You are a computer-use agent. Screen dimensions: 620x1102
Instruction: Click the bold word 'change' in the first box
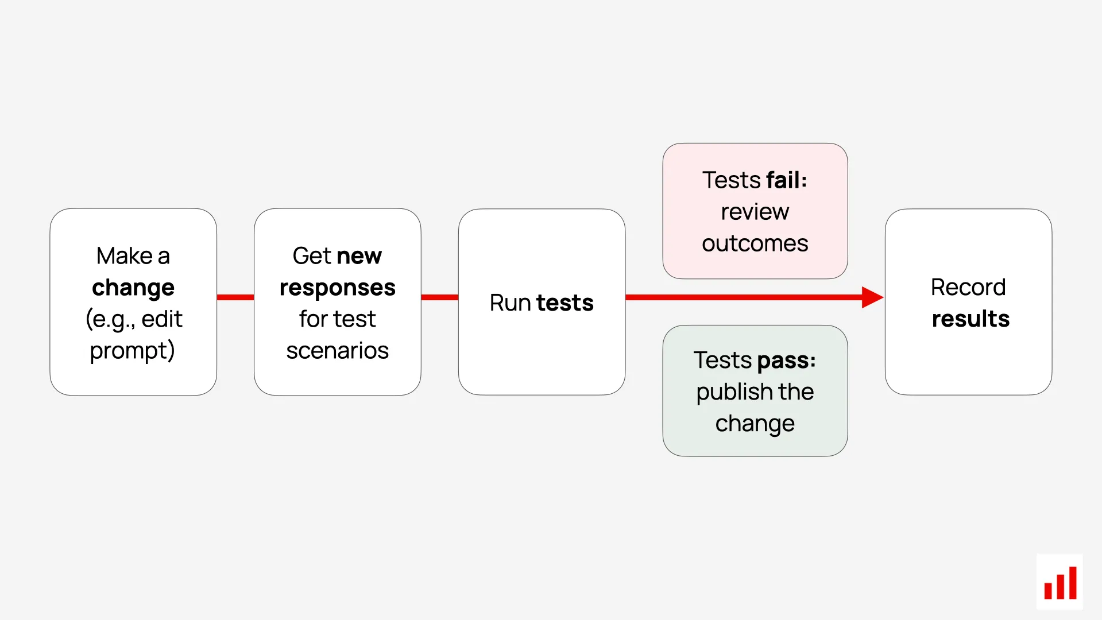[133, 288]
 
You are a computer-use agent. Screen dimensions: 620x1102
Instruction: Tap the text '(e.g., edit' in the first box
[134, 319]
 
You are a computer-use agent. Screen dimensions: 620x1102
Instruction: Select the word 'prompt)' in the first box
[133, 351]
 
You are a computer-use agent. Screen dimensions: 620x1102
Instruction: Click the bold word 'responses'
[337, 288]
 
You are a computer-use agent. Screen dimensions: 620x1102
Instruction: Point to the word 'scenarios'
[337, 351]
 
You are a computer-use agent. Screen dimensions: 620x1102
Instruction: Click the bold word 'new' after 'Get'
[359, 256]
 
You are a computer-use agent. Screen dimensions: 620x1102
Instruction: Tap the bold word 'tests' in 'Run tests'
[564, 303]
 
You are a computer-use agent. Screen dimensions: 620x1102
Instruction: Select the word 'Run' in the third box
[510, 303]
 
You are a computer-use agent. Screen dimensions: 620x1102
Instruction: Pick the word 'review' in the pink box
[755, 212]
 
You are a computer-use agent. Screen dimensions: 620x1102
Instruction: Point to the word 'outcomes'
[755, 243]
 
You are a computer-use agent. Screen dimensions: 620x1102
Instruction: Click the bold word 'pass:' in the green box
[787, 361]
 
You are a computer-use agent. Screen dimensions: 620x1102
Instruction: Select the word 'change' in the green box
[755, 424]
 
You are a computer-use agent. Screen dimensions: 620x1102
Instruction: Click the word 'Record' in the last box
[968, 287]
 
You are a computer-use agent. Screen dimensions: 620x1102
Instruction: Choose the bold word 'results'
[970, 319]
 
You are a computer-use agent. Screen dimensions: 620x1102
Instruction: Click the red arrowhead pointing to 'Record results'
[872, 297]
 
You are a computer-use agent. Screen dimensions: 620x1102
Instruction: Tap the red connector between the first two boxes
[235, 297]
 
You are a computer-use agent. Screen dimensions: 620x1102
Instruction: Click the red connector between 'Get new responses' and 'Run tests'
[439, 297]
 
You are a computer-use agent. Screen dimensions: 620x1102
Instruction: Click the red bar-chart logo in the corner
[1060, 582]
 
